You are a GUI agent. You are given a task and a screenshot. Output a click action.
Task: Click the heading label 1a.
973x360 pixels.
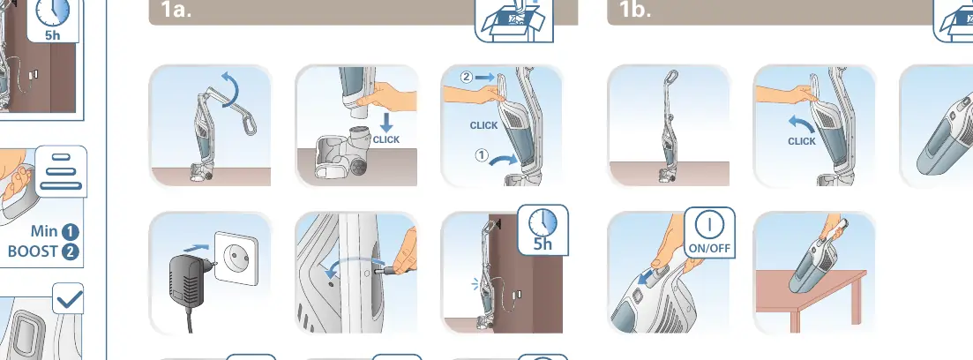tap(176, 10)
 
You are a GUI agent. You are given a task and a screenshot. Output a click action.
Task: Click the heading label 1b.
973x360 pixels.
tap(635, 10)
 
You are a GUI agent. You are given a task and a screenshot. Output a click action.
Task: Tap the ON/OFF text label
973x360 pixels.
tap(709, 248)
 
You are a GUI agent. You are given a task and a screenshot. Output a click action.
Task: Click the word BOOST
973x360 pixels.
tap(33, 252)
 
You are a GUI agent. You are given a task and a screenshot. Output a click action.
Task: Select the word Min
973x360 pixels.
tap(44, 231)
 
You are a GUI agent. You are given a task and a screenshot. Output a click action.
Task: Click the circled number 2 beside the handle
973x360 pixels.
tap(467, 77)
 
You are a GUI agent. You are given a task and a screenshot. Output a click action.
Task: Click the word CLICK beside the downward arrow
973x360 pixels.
tap(386, 139)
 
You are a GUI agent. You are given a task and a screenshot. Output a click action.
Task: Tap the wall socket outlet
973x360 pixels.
tap(236, 259)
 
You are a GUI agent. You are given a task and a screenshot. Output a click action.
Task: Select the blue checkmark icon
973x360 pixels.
tap(68, 299)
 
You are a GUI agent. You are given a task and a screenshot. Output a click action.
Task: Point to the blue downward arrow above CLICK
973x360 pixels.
tap(386, 121)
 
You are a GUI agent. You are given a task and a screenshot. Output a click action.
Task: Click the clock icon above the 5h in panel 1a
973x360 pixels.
tap(543, 221)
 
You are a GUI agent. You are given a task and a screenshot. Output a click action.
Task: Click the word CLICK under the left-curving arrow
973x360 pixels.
tap(802, 141)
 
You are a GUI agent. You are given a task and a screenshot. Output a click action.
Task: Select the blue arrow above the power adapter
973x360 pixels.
tap(196, 248)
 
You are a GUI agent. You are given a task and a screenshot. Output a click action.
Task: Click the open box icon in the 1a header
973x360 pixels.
tap(513, 20)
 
